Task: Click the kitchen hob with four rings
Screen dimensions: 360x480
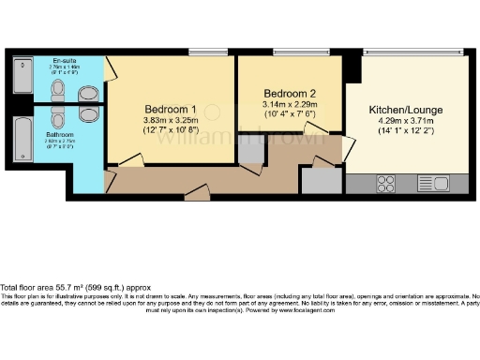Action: coord(385,183)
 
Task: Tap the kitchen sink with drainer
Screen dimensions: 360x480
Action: coord(433,183)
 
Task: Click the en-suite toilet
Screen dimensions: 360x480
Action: coord(58,90)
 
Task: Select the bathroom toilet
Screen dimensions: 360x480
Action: coord(58,116)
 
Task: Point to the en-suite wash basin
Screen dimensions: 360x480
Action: coord(89,93)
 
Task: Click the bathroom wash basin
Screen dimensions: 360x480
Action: coord(89,113)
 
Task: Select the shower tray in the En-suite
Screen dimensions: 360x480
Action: coord(23,79)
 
